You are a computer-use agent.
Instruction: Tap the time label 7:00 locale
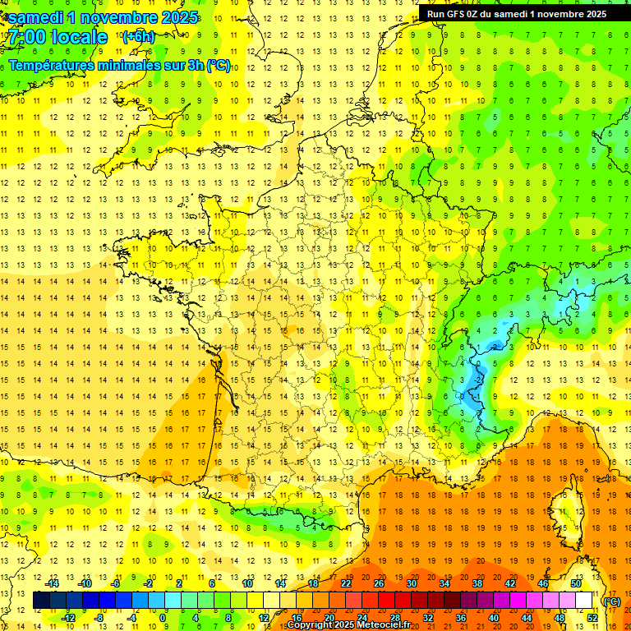[58, 37]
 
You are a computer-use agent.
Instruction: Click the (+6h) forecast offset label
[137, 36]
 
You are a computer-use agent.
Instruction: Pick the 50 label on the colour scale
[576, 583]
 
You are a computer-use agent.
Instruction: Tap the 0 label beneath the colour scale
[164, 617]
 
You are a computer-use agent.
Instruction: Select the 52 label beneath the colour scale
[592, 617]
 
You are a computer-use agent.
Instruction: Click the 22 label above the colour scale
[346, 583]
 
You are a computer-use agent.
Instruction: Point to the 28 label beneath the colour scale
[394, 617]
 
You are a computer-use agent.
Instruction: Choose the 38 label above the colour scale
[477, 583]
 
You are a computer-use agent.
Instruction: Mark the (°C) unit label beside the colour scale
[611, 601]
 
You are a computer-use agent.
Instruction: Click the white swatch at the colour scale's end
[583, 601]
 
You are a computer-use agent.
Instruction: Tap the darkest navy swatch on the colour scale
[41, 601]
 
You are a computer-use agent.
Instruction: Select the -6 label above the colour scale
[116, 583]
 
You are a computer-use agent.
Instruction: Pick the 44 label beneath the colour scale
[526, 617]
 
